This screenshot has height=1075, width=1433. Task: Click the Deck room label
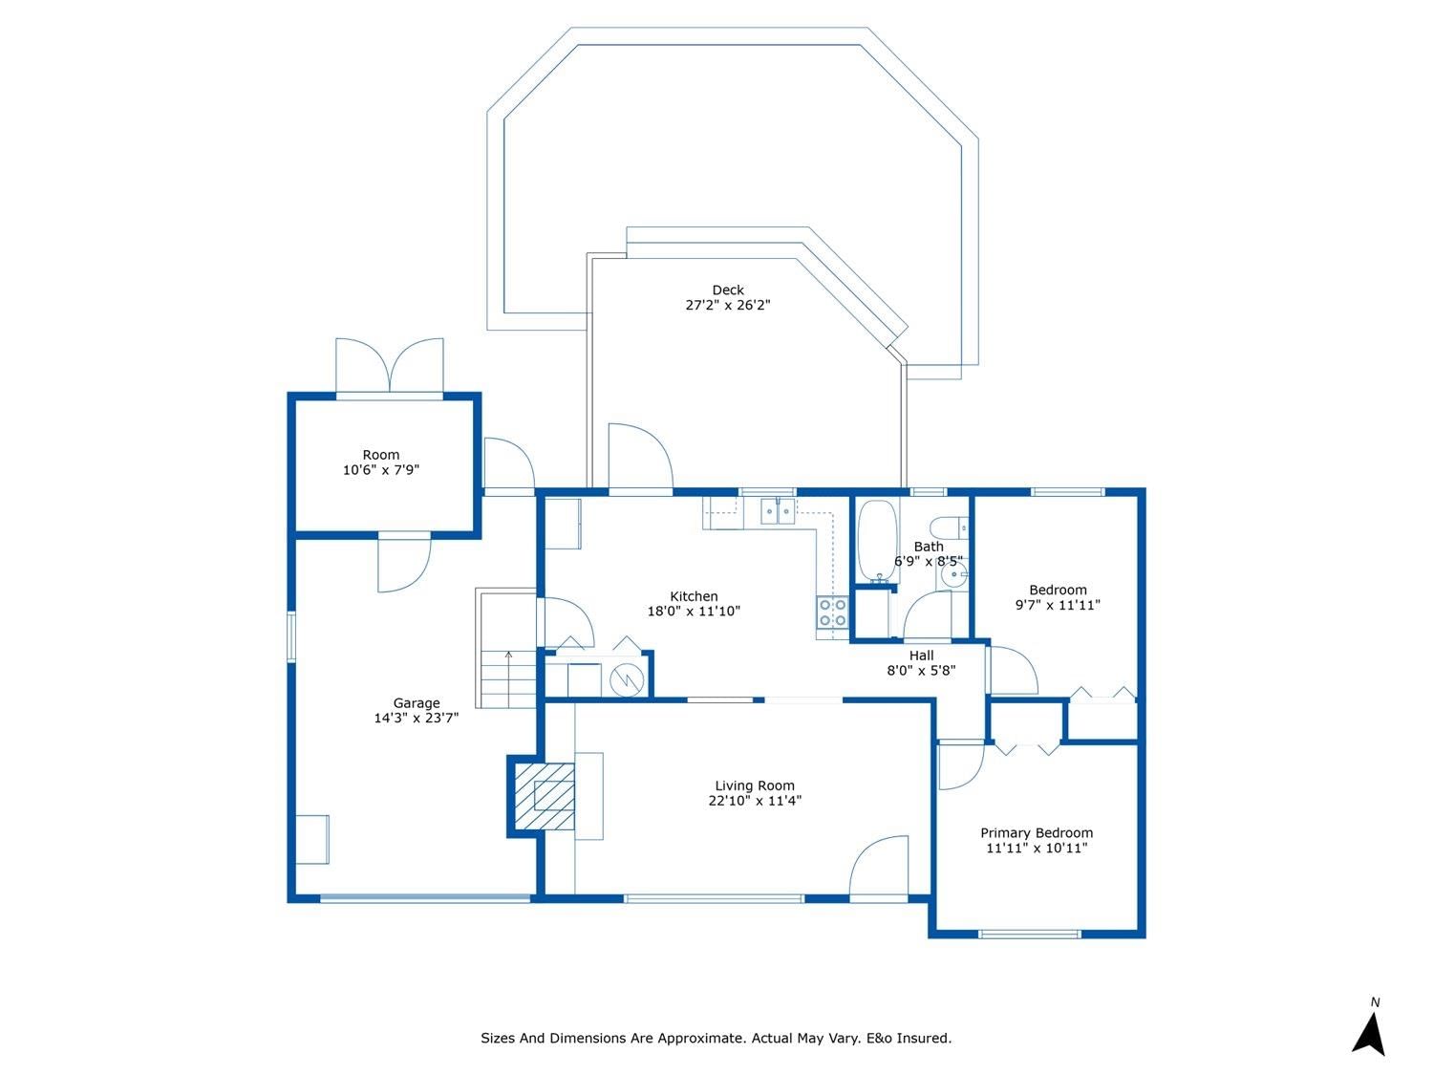click(x=727, y=290)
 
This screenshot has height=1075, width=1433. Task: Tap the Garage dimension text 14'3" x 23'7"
click(x=416, y=718)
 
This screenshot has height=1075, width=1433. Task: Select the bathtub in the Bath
click(x=877, y=541)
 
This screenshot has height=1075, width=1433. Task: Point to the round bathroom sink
click(x=955, y=574)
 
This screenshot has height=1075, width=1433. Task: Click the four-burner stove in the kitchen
click(x=832, y=613)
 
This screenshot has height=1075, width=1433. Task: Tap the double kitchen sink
click(x=777, y=510)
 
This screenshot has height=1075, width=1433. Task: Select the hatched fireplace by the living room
click(x=545, y=796)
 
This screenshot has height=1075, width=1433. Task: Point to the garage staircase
click(x=507, y=678)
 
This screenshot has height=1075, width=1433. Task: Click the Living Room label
click(x=754, y=785)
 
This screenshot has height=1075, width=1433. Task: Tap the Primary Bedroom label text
click(x=1037, y=833)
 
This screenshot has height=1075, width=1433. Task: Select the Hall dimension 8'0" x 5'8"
click(x=921, y=671)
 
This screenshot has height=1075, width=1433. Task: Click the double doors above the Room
click(x=389, y=366)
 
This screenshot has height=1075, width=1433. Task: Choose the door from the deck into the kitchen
click(x=640, y=456)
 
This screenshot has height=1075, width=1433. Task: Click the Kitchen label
click(x=694, y=596)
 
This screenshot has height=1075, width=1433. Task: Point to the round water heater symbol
click(x=626, y=680)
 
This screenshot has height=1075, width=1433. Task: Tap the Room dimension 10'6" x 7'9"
click(x=380, y=470)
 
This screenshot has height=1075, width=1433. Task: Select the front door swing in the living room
click(x=878, y=867)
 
